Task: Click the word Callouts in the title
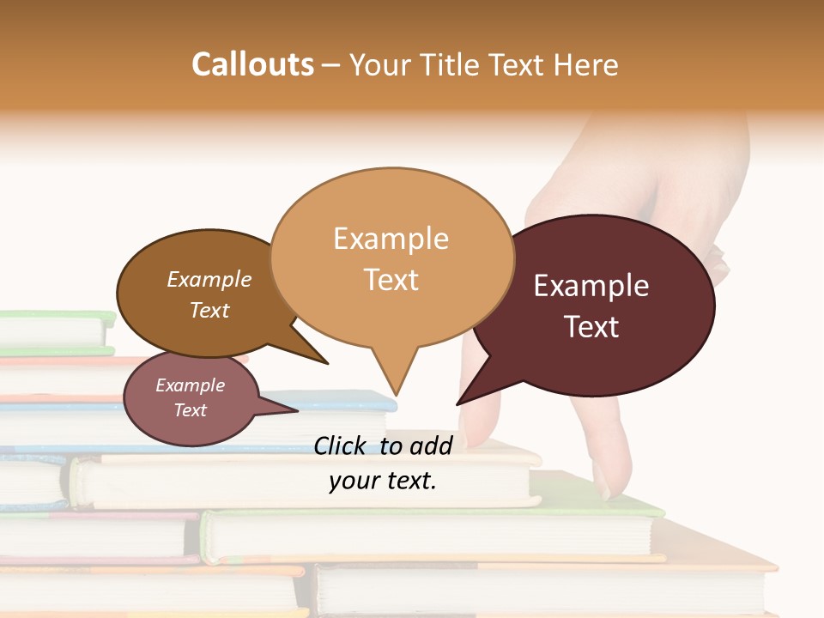point(252,64)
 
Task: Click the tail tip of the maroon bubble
point(457,403)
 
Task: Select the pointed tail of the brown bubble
point(326,363)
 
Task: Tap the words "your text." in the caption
point(383,481)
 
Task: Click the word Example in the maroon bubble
point(591,286)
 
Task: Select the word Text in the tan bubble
point(391,280)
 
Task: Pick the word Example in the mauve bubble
point(190,385)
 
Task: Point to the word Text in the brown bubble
point(209,310)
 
